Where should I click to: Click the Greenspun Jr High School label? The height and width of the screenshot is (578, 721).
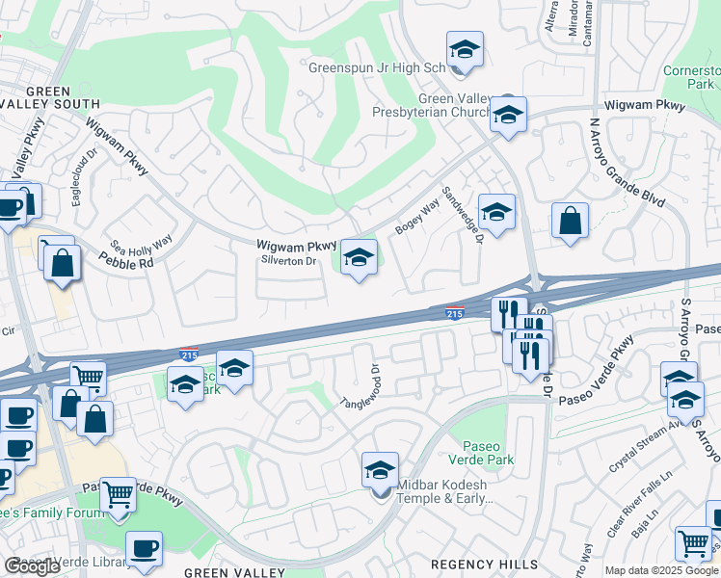[x=377, y=68]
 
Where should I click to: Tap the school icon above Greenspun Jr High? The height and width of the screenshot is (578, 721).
[x=465, y=50]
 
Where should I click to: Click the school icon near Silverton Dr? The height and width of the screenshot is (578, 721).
[x=359, y=257]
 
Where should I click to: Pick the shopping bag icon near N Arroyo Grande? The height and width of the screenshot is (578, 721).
[x=571, y=220]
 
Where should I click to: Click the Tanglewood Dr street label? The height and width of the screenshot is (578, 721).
[x=360, y=385]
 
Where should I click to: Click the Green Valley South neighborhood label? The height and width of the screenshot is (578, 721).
[x=50, y=96]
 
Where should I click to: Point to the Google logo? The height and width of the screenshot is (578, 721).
[x=32, y=566]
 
